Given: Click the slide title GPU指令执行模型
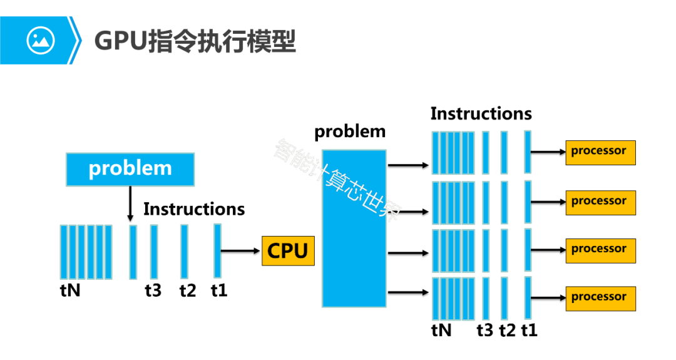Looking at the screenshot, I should pyautogui.click(x=194, y=41).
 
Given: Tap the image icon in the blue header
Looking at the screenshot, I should pyautogui.click(x=41, y=41).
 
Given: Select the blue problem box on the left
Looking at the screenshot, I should pyautogui.click(x=130, y=168).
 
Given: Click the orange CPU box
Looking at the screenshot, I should pyautogui.click(x=288, y=250).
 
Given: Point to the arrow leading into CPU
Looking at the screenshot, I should pyautogui.click(x=241, y=251).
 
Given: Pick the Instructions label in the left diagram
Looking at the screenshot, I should pyautogui.click(x=194, y=209).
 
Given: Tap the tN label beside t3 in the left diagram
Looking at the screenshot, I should pyautogui.click(x=70, y=291).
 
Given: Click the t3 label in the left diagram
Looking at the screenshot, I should pyautogui.click(x=153, y=291).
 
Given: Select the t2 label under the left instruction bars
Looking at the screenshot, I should pyautogui.click(x=187, y=291).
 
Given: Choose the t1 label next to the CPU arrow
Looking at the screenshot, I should pyautogui.click(x=219, y=291).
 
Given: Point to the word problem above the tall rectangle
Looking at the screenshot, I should pyautogui.click(x=350, y=132).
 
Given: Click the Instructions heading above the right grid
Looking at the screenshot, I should pyautogui.click(x=481, y=114).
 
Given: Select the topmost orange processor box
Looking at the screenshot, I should pyautogui.click(x=600, y=152).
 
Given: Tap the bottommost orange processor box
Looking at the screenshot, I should pyautogui.click(x=600, y=297).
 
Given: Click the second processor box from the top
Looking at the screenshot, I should pyautogui.click(x=600, y=202).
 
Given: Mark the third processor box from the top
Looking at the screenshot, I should pyautogui.click(x=600, y=250).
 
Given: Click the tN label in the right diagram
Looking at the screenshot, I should pyautogui.click(x=441, y=330).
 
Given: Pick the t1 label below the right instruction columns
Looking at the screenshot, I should pyautogui.click(x=529, y=330).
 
